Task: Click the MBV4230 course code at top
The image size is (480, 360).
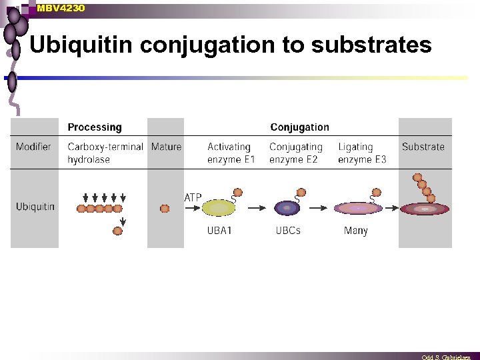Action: (x=61, y=8)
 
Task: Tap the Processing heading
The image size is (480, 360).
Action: (x=95, y=127)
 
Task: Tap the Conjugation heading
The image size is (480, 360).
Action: (x=299, y=127)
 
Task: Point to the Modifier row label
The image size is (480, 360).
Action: (x=33, y=147)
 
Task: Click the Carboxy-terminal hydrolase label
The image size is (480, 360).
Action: (x=105, y=153)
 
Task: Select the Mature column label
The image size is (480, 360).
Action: (x=166, y=147)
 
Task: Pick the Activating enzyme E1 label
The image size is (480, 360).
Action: (x=231, y=153)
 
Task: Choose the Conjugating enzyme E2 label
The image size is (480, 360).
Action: (x=295, y=153)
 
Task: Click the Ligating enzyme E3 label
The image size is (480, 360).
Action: (x=361, y=153)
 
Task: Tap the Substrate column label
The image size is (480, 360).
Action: (x=423, y=147)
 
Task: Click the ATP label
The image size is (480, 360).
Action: (x=193, y=197)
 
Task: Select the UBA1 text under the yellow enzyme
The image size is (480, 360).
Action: (x=219, y=231)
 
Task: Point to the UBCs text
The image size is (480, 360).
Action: (x=288, y=231)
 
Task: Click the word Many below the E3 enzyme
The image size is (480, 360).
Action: (x=355, y=231)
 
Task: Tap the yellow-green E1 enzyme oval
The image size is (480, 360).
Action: (x=219, y=208)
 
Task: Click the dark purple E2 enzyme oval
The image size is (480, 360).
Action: (x=287, y=208)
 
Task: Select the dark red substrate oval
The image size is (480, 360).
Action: (x=425, y=209)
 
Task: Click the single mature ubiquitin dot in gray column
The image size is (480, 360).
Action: (x=165, y=209)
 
